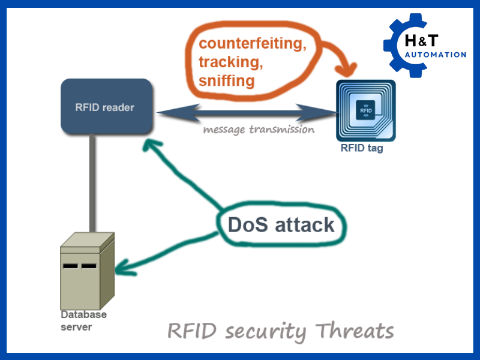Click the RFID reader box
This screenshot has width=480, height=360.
[x=106, y=106]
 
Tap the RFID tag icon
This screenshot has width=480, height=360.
[x=365, y=110]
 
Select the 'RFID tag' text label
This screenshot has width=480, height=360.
[x=361, y=149]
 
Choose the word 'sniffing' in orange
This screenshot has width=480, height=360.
[x=226, y=80]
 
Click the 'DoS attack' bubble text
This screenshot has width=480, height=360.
[x=281, y=224]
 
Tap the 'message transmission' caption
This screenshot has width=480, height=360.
[x=258, y=129]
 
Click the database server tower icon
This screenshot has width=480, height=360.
[x=86, y=271]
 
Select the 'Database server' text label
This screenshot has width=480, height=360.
[x=83, y=320]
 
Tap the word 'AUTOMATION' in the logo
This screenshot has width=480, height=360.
[x=436, y=55]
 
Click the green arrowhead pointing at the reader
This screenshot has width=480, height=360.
[x=152, y=145]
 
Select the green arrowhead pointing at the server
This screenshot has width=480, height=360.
[x=121, y=266]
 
